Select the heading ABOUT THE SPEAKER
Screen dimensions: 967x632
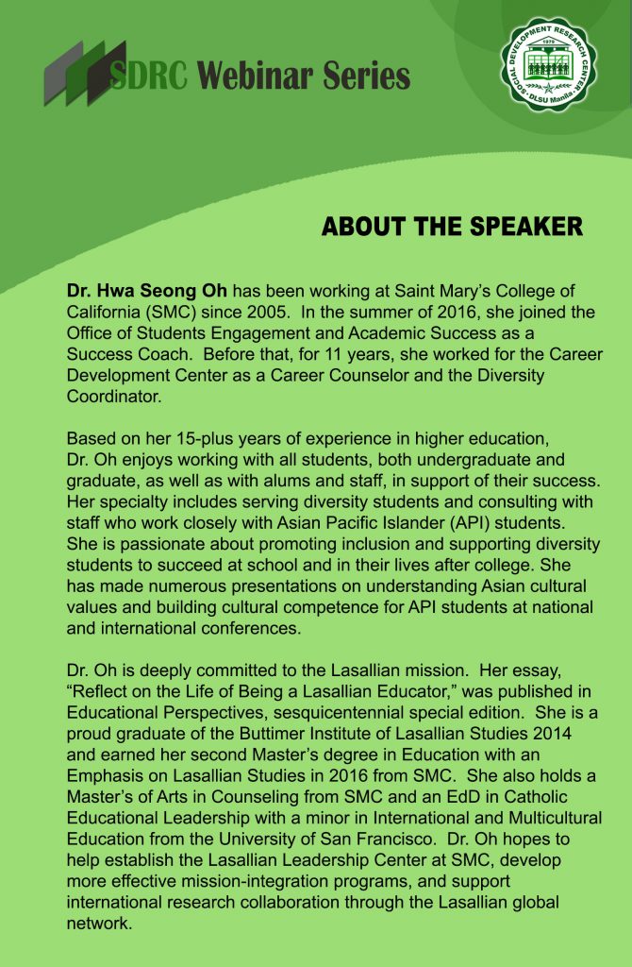tap(452, 228)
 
